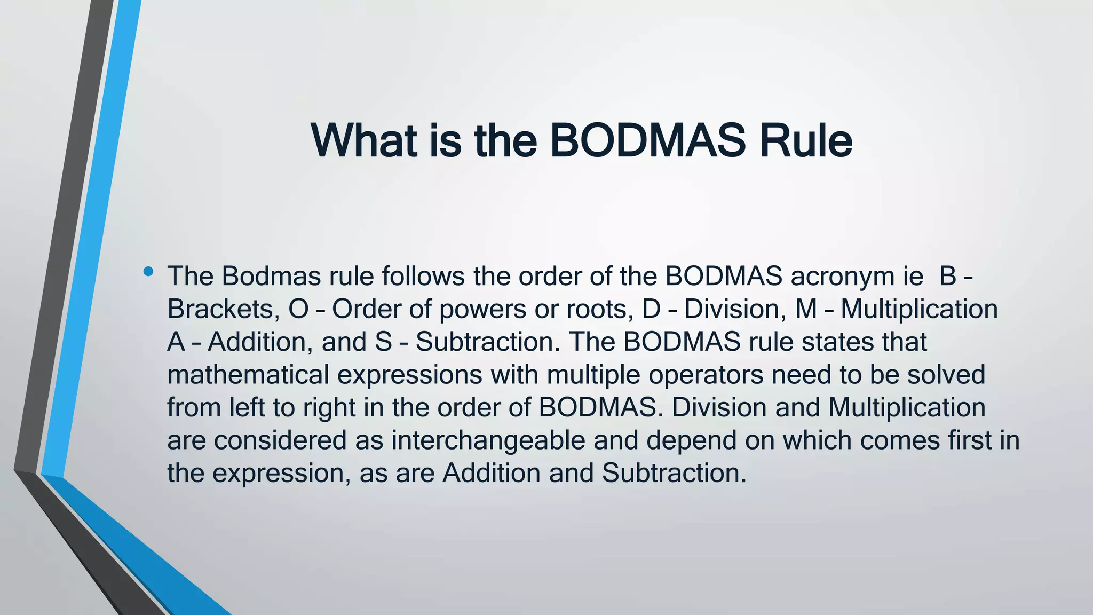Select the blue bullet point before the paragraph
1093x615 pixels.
coord(148,272)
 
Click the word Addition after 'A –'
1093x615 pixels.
coord(260,342)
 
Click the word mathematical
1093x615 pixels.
coord(248,375)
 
